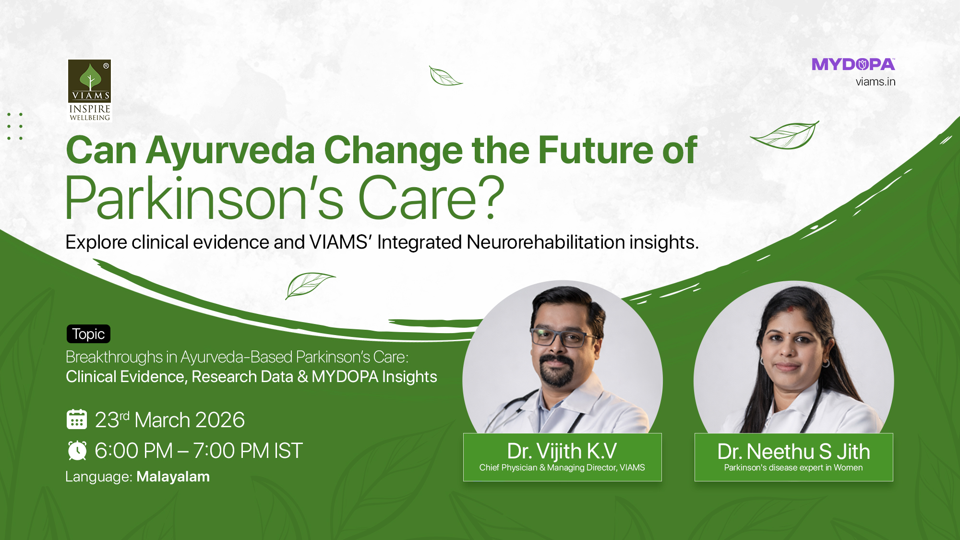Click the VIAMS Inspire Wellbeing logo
90,90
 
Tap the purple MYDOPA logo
853,64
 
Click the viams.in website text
876,82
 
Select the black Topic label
88,334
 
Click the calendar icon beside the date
77,419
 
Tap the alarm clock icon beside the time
77,450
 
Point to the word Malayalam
173,477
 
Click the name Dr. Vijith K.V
562,451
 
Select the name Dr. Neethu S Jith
793,452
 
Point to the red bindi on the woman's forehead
790,310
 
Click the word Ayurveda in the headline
230,151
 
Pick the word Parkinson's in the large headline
204,198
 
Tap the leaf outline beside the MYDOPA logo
785,135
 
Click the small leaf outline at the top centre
445,76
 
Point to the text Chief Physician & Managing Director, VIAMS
562,468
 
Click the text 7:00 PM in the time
231,451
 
